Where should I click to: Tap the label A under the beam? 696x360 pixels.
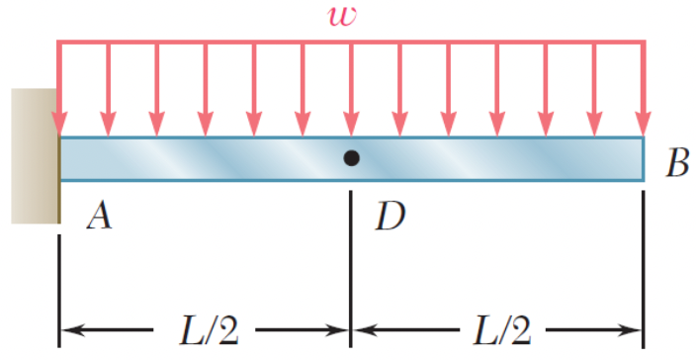tap(97, 216)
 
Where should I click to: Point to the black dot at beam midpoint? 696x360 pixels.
tap(351, 158)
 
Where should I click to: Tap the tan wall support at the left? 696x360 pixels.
tap(34, 155)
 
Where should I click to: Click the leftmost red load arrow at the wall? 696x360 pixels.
tap(59, 89)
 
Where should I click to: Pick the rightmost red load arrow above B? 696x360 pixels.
tap(644, 89)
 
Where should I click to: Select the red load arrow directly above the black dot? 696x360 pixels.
tap(351, 89)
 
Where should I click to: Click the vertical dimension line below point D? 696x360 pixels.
tap(351, 267)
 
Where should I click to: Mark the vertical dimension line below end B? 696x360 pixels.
tap(644, 267)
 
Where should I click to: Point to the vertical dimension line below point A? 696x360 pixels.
tap(59, 287)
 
